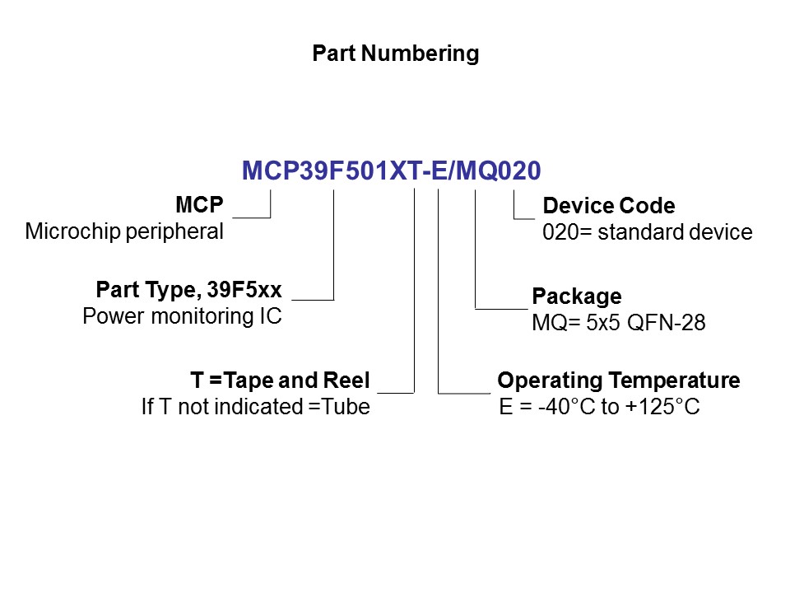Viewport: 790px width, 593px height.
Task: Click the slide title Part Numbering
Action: [395, 54]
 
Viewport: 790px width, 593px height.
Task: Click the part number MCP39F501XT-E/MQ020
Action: [391, 170]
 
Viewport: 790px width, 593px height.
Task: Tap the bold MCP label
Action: [199, 205]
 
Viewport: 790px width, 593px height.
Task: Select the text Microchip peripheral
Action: [124, 231]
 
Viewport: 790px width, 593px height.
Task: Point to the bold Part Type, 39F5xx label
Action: [188, 290]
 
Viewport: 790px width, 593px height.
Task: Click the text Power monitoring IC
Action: [182, 316]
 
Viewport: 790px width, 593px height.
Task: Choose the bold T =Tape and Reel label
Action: [280, 381]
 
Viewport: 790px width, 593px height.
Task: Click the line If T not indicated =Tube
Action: [255, 407]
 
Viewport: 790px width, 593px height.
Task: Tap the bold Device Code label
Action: [609, 206]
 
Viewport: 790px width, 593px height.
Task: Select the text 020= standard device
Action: [647, 232]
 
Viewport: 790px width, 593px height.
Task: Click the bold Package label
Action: [576, 296]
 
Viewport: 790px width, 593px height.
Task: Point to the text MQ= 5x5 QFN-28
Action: [618, 323]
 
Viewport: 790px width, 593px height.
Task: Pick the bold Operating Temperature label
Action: [618, 381]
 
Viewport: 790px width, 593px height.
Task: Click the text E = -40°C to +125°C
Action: [599, 407]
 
